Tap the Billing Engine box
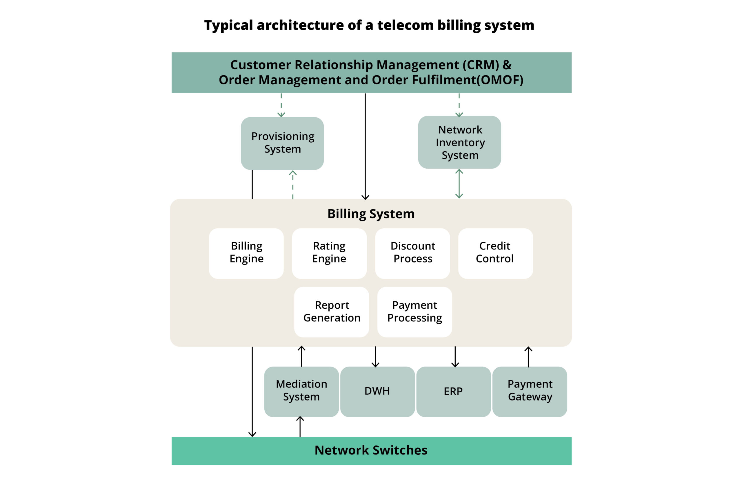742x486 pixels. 246,254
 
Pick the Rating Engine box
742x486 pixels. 329,254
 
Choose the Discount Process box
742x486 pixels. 412,254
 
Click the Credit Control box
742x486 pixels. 495,254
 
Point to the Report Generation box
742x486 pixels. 331,312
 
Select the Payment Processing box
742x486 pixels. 415,312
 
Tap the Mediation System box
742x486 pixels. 301,392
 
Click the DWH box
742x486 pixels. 377,392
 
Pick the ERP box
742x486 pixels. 453,392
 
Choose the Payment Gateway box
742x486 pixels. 530,392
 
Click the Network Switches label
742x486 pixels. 371,450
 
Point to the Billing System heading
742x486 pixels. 371,214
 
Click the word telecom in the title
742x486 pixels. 405,25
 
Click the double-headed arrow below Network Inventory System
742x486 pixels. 459,184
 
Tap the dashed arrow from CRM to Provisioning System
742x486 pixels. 281,105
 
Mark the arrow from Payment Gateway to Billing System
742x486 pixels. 528,357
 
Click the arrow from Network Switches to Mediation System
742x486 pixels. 300,427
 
